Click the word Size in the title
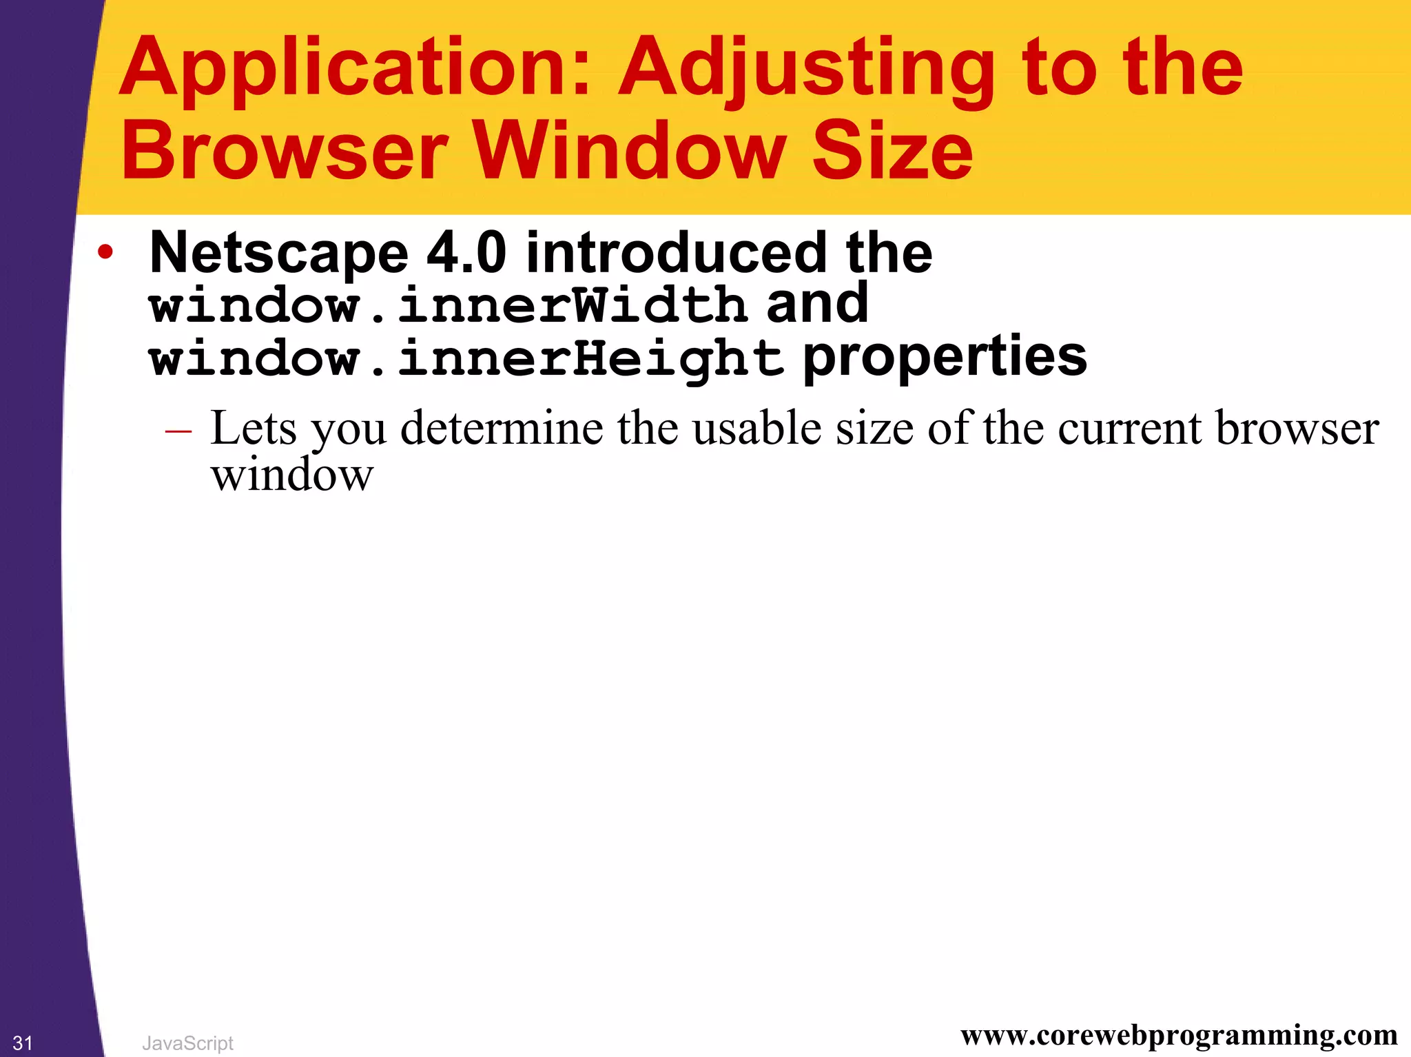[892, 151]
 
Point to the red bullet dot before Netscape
[105, 252]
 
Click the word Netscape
[279, 254]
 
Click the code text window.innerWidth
[449, 305]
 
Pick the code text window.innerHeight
[466, 358]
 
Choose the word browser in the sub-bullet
[1297, 429]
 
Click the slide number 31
[23, 1043]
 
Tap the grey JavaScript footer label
[187, 1043]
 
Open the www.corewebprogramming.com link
[1179, 1035]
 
